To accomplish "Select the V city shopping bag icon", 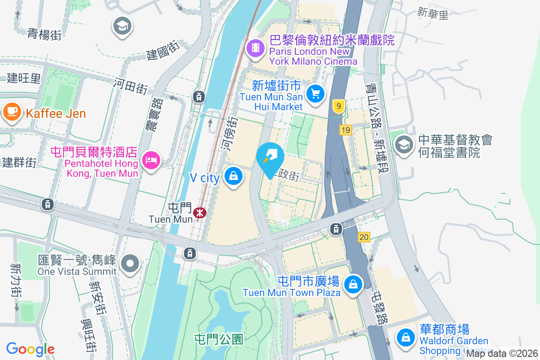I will [234, 176].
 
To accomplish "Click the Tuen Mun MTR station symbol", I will [198, 212].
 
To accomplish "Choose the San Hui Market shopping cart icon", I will [315, 94].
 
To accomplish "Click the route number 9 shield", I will [339, 107].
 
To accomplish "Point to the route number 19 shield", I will [346, 130].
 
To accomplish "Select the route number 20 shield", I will [364, 237].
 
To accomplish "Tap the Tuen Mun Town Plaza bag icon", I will [353, 284].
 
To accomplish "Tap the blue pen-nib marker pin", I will [270, 157].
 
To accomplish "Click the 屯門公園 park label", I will [219, 339].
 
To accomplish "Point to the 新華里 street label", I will [433, 14].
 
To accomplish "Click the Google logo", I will [31, 349].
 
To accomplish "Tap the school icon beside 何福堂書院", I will [404, 144].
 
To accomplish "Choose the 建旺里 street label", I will [24, 78].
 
